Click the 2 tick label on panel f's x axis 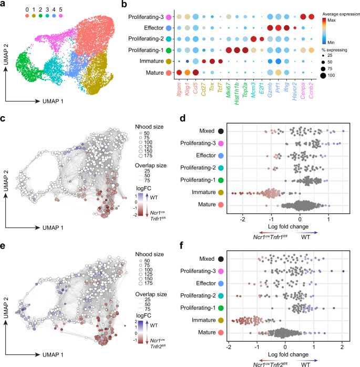click(342, 346)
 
